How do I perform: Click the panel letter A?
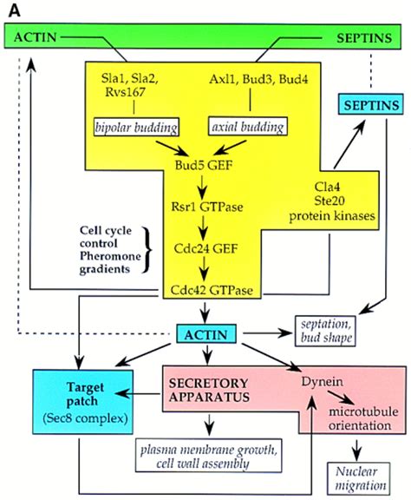15,11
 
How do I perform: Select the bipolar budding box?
136,128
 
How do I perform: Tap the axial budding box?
248,127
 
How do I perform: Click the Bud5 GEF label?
204,165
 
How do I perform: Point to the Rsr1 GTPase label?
207,207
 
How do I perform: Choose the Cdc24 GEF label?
205,248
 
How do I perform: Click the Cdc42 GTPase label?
212,290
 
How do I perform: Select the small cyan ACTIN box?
206,334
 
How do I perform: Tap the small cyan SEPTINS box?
370,104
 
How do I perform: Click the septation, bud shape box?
325,331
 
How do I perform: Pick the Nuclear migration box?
358,478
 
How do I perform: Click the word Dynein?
322,382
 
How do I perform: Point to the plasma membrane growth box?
209,456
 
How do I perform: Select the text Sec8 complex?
85,418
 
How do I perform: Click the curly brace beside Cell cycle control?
147,250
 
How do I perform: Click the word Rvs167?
125,92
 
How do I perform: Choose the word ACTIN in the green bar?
35,37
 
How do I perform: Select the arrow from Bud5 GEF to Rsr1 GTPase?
202,187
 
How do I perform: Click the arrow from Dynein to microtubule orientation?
341,398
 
